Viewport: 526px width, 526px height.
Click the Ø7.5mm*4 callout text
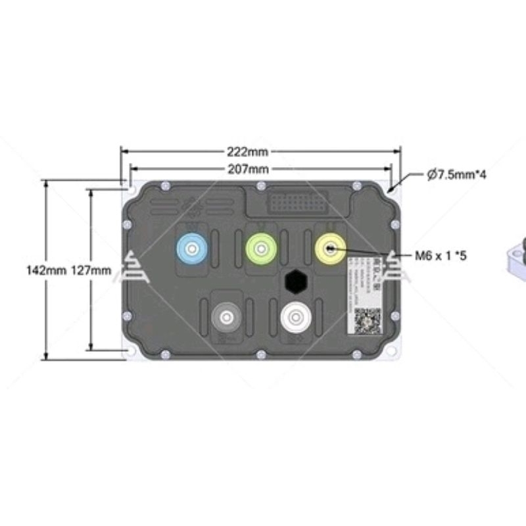coord(456,175)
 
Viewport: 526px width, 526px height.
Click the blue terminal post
coord(193,249)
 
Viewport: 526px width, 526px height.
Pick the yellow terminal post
coord(331,249)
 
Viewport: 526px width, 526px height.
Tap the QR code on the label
coord(368,322)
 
